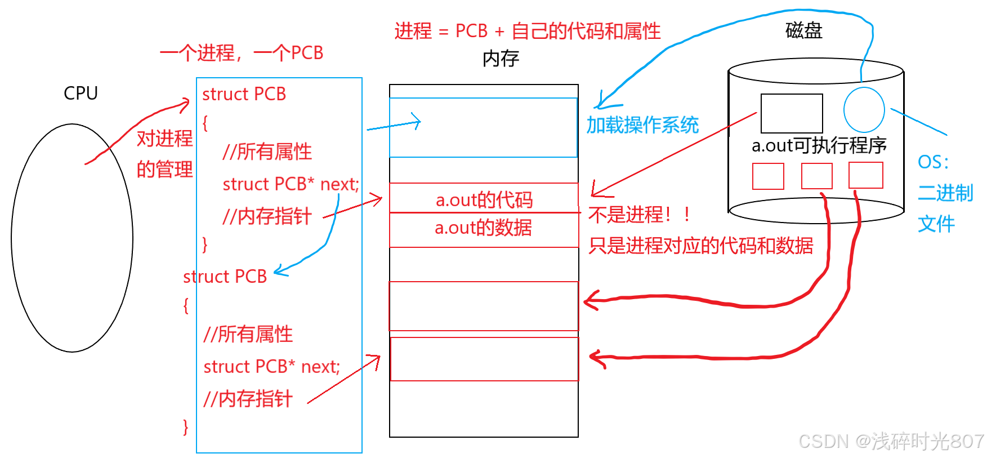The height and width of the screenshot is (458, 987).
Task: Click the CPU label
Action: point(81,93)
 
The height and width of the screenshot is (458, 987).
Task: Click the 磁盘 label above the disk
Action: point(803,30)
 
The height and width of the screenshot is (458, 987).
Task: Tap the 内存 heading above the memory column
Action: point(501,58)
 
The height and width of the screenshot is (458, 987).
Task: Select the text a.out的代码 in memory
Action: point(484,199)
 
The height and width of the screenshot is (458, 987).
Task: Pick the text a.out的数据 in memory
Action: point(483,228)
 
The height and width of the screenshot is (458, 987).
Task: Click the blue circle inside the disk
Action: point(864,110)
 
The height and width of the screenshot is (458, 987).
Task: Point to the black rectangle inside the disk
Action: point(791,113)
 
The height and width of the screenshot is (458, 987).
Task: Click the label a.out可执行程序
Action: point(819,145)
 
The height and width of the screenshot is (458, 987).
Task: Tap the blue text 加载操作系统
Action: point(642,124)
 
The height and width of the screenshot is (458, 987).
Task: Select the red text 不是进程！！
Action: point(639,214)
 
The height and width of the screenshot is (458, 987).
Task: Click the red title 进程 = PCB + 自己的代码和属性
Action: point(527,31)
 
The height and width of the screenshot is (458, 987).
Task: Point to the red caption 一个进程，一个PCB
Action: point(242,53)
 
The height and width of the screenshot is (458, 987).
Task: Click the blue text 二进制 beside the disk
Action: point(945,193)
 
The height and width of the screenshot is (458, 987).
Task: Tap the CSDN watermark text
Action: point(891,441)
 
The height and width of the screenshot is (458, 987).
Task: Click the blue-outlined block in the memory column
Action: point(483,128)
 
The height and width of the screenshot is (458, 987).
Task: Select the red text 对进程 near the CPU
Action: point(164,138)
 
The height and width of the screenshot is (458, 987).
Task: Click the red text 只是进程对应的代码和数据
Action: point(700,246)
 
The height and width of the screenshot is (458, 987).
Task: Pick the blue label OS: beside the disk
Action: point(933,162)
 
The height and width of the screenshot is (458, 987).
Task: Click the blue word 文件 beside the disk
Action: point(936,224)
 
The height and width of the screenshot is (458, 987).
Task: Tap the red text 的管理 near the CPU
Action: point(164,169)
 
